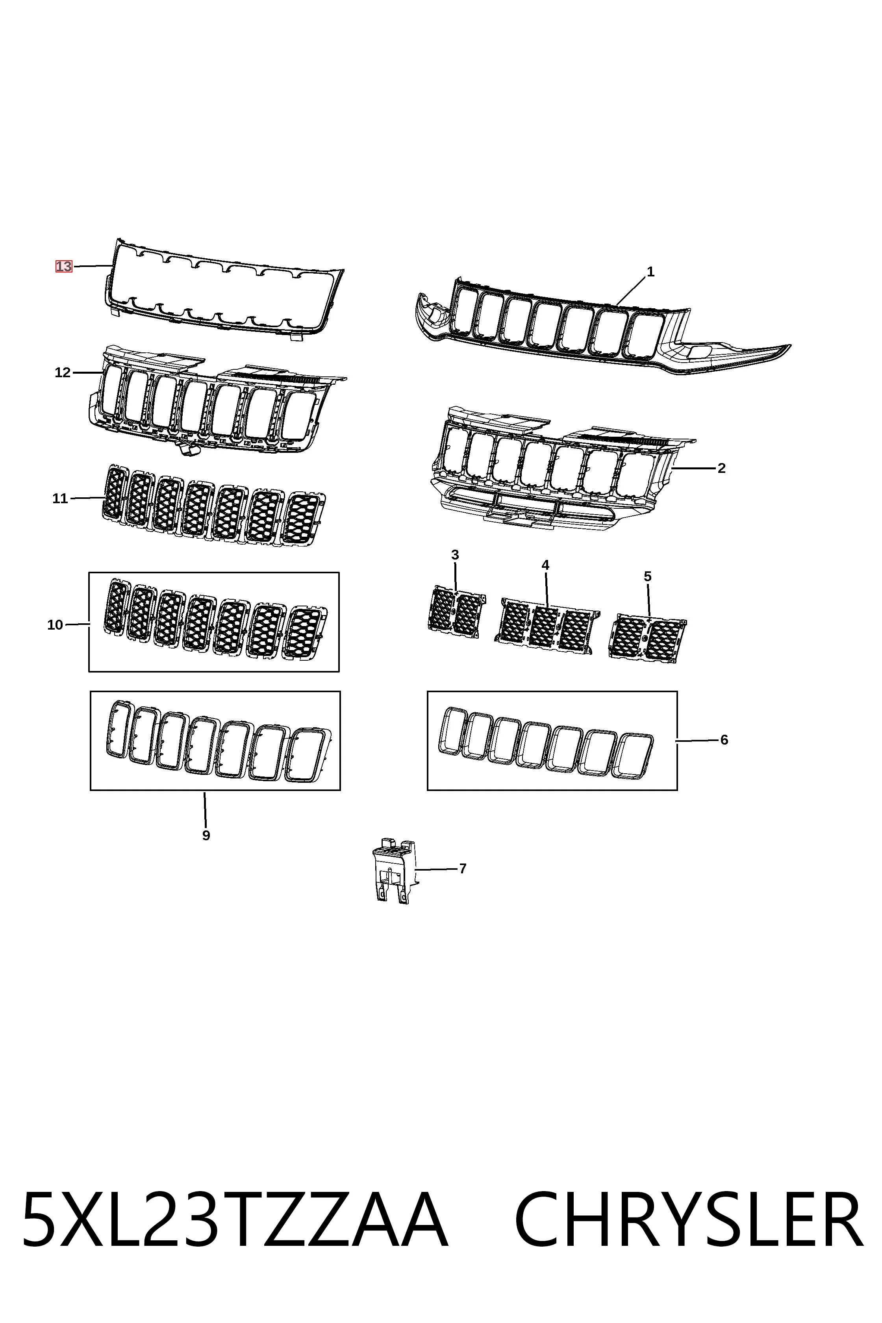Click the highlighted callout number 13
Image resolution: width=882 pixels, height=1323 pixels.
(x=63, y=266)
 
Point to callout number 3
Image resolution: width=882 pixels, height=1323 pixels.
(x=455, y=555)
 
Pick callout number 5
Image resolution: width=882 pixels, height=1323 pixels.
(x=647, y=576)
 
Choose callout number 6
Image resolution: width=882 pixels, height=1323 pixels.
(x=724, y=740)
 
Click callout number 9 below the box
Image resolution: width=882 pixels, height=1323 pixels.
(x=206, y=835)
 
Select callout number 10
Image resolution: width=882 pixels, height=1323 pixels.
(x=55, y=624)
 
